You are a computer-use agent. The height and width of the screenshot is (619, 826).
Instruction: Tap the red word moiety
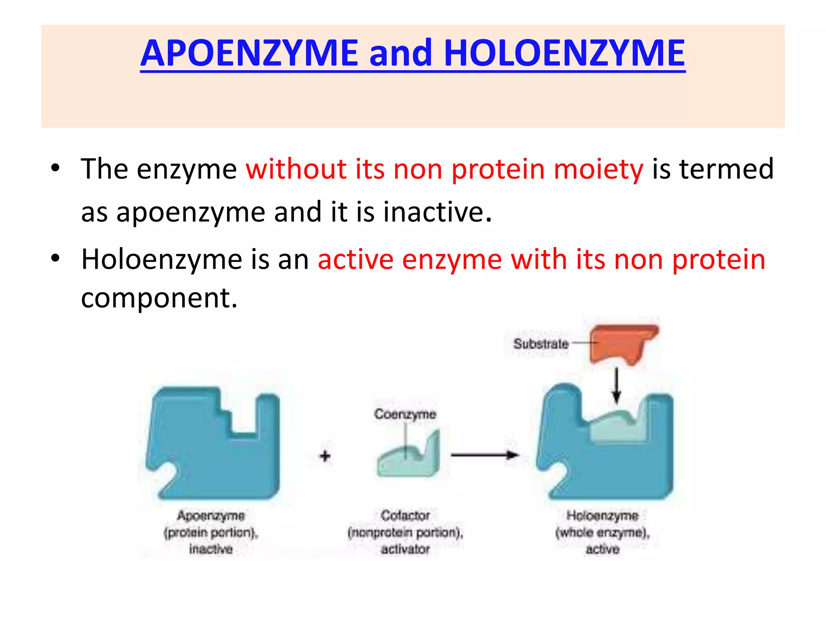(x=599, y=169)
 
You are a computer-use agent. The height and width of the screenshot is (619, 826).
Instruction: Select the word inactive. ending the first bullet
(x=437, y=212)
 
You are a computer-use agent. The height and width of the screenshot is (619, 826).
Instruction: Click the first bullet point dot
(x=55, y=168)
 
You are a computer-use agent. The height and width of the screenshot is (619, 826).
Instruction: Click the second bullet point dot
(x=55, y=258)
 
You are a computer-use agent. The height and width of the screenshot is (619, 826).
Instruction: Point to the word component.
(x=159, y=298)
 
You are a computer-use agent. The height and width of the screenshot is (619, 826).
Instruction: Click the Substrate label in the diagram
(x=540, y=344)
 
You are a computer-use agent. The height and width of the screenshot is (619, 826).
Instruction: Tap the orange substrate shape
(x=621, y=343)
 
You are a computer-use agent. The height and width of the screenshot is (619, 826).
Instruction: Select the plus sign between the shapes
(x=325, y=456)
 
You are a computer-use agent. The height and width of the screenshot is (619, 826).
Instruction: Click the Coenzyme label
(x=405, y=414)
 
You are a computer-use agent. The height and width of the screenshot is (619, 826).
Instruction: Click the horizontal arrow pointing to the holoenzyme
(x=484, y=455)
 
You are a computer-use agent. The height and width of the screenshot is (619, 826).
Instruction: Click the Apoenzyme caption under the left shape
(x=211, y=515)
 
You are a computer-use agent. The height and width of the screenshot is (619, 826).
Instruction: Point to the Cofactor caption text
(x=405, y=515)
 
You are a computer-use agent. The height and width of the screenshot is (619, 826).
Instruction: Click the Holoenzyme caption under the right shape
(x=602, y=515)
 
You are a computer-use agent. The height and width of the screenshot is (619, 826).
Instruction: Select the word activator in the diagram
(x=405, y=549)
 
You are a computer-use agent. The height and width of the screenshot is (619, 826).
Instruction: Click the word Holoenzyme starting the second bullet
(x=161, y=259)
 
